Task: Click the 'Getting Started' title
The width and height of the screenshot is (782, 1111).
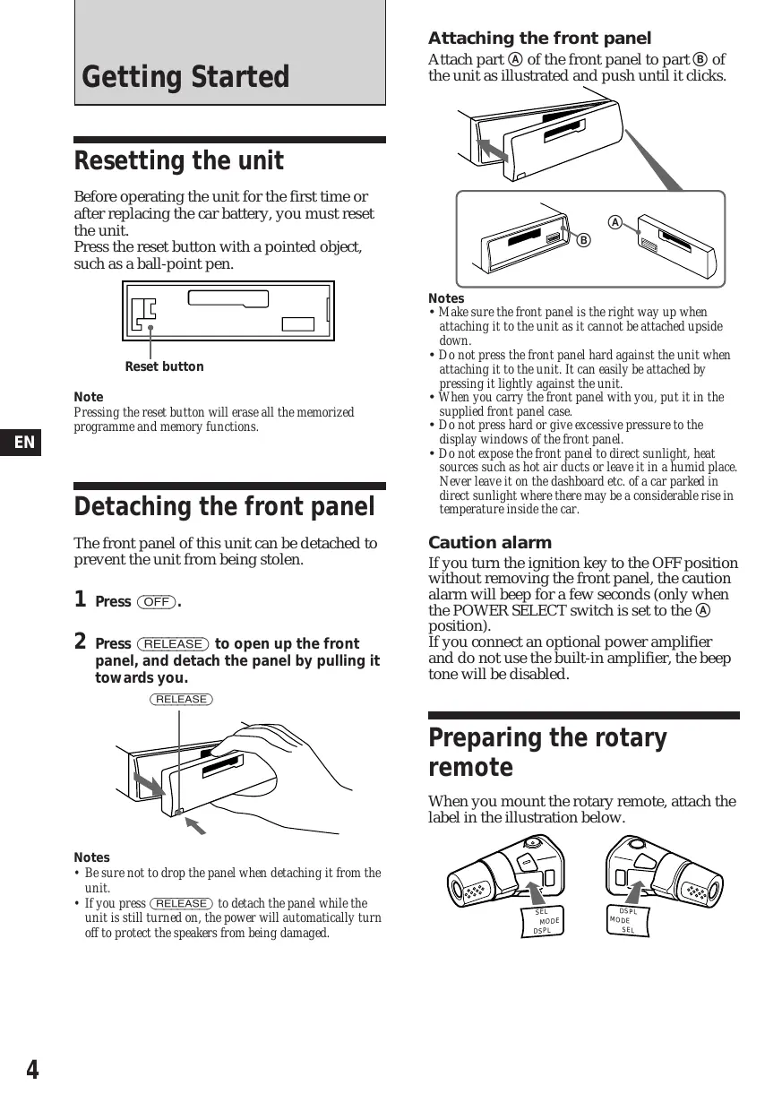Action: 185,77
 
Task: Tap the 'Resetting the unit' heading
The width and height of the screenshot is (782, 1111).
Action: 178,161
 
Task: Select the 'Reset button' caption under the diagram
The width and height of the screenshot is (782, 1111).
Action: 164,366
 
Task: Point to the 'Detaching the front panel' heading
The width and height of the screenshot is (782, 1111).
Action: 224,507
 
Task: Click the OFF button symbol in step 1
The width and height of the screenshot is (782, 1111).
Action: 156,602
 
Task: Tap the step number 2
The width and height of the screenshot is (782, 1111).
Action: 80,642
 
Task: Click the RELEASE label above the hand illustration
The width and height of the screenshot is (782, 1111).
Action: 181,699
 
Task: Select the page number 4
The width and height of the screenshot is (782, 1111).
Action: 32,1070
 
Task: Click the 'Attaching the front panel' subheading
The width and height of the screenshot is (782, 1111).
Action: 539,39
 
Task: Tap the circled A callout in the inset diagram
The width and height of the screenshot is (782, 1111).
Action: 614,221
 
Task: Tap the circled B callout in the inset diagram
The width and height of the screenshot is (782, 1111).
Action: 583,240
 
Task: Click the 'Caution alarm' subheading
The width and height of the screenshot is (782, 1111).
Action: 490,543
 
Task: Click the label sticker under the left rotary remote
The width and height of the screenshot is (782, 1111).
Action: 541,921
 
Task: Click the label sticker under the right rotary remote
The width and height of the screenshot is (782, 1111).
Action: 628,920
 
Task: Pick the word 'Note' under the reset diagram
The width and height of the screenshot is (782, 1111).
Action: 89,397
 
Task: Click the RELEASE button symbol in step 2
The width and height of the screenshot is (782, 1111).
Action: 173,644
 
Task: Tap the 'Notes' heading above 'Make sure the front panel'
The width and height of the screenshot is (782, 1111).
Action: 446,298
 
